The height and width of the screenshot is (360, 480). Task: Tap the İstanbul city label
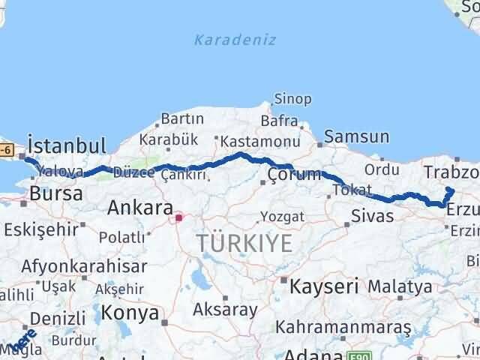pos(66,144)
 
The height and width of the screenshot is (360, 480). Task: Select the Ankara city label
pos(141,207)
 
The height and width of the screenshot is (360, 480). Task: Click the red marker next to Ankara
pos(178,219)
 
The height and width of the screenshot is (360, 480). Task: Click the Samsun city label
pos(357,136)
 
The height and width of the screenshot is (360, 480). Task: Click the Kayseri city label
pos(325,286)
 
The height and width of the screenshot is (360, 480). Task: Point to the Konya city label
pos(130,312)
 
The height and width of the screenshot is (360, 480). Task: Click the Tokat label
pos(352,190)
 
